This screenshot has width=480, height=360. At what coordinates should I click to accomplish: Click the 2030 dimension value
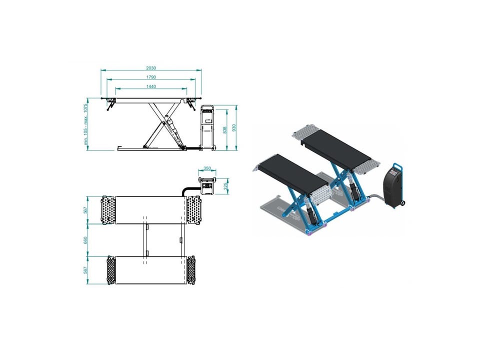[151, 68]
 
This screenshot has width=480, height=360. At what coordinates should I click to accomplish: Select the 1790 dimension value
[151, 77]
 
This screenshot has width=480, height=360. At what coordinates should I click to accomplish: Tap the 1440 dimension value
[151, 86]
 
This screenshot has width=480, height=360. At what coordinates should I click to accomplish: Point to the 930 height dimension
[234, 128]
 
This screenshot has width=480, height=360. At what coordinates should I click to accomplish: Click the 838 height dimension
[225, 130]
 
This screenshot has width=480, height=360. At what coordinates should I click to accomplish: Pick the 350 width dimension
[207, 168]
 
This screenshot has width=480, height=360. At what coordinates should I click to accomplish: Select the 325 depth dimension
[226, 186]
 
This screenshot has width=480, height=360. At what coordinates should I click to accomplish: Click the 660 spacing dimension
[85, 240]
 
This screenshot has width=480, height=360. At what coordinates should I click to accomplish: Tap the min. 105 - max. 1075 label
[85, 124]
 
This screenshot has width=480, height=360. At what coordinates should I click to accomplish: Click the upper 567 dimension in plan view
[85, 210]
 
